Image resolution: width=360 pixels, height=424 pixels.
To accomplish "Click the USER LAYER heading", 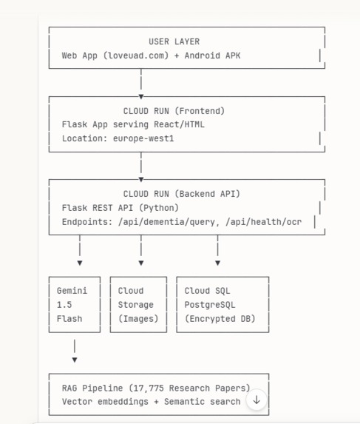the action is click(x=174, y=41).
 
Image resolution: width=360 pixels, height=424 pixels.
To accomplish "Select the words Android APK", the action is click(x=213, y=55).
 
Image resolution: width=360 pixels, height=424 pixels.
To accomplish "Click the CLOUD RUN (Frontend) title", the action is click(x=174, y=111).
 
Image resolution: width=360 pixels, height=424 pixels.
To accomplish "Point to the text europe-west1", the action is click(x=143, y=138).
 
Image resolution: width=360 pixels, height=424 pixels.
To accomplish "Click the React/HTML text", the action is click(x=180, y=124).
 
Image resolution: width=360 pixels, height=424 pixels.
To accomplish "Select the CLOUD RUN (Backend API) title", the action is click(x=182, y=194).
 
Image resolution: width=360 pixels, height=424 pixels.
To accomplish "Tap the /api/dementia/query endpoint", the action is click(x=166, y=222).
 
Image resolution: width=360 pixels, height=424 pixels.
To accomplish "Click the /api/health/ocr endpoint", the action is click(x=264, y=222).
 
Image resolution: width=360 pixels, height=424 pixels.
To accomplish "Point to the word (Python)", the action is click(x=159, y=208).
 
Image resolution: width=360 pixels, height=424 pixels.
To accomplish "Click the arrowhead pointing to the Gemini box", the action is click(x=80, y=263).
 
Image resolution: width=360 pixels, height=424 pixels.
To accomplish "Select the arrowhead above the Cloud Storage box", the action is click(x=141, y=263).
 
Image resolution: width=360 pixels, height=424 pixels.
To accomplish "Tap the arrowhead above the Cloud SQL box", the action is click(x=217, y=263).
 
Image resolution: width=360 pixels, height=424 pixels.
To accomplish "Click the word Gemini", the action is click(x=72, y=291).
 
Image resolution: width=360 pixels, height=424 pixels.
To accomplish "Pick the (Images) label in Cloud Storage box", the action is click(x=138, y=319).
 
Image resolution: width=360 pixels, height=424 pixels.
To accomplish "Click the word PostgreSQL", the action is click(x=210, y=305).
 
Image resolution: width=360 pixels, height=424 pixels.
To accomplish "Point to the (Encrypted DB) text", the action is click(x=220, y=319).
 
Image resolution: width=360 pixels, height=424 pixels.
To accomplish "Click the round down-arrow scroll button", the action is click(x=257, y=400).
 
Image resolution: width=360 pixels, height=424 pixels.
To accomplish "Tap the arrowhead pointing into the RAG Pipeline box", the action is click(x=75, y=360).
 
